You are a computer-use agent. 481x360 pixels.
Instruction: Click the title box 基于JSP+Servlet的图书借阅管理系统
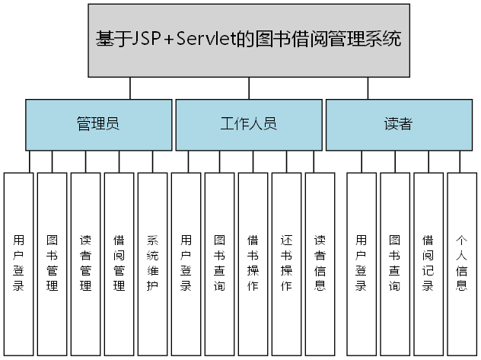249,40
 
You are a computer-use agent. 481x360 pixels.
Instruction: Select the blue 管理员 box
98,124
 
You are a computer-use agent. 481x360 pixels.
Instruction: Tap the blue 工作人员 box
248,124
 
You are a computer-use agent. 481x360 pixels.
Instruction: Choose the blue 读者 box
398,124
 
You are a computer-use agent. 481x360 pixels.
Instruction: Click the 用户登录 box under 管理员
18,263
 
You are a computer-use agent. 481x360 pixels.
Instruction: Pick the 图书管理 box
52,263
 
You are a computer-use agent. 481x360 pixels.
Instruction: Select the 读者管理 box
85,263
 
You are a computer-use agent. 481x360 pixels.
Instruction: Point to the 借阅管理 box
119,263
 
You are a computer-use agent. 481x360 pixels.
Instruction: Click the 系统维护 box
152,263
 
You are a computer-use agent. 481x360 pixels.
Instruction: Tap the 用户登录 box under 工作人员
186,263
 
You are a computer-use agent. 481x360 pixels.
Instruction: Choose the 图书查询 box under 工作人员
219,263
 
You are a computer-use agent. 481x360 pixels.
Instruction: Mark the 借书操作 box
253,263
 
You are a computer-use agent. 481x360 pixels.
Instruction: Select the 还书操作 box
286,263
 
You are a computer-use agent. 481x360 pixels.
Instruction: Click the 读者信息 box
320,263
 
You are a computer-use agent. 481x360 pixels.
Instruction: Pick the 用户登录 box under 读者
361,263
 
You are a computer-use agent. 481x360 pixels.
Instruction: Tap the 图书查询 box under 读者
394,263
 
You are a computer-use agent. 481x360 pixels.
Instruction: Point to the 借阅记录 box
428,263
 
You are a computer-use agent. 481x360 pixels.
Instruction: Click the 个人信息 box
461,263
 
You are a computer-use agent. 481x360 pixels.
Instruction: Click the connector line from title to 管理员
129,88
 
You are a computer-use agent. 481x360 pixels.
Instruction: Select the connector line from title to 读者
368,88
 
